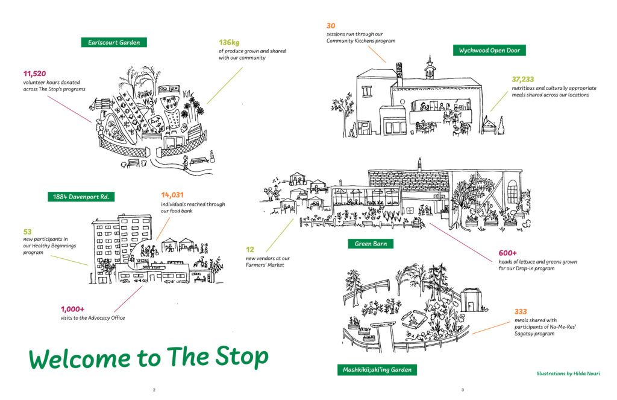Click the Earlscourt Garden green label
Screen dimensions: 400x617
tap(114, 42)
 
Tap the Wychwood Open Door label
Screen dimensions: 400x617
tap(489, 51)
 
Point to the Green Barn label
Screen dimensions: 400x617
tap(371, 244)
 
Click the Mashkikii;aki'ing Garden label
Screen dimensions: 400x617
tap(377, 370)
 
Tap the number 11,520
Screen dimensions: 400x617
tap(35, 74)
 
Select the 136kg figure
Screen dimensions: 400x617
tap(229, 42)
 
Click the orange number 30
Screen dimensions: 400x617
tap(331, 26)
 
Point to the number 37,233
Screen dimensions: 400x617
tap(523, 79)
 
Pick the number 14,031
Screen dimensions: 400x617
tap(174, 195)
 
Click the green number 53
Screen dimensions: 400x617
tap(27, 232)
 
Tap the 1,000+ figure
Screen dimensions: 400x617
tap(72, 310)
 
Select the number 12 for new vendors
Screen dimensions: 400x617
tap(249, 249)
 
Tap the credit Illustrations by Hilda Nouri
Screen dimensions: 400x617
tap(568, 373)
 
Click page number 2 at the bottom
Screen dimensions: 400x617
tap(154, 390)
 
